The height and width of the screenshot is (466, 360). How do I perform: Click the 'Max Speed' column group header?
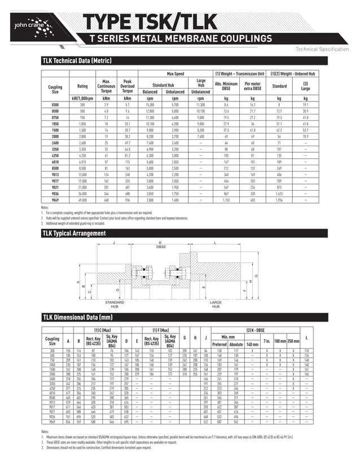coord(175,74)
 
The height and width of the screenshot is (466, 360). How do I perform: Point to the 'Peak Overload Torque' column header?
coord(128,86)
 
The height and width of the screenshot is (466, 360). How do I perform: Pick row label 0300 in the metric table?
coord(55,105)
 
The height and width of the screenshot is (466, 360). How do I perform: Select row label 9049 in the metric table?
coord(55,200)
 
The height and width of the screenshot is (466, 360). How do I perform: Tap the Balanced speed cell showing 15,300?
coord(150,105)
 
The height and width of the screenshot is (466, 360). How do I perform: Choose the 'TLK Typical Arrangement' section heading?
coord(73,233)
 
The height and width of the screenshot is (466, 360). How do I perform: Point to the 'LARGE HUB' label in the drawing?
coord(216,305)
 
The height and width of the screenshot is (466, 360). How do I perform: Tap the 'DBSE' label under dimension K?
coord(160,247)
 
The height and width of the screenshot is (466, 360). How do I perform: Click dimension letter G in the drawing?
coord(256,275)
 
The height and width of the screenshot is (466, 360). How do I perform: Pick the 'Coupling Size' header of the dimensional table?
coord(52,340)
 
